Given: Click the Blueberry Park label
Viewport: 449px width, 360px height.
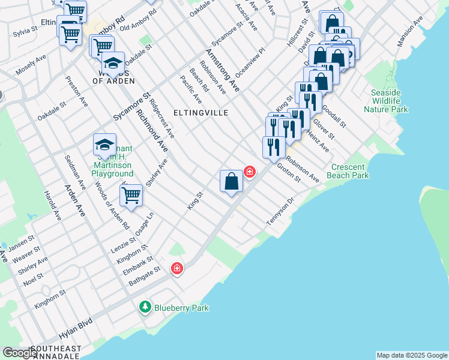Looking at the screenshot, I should (x=181, y=308).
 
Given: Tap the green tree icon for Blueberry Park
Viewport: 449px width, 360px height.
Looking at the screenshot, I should (x=145, y=307).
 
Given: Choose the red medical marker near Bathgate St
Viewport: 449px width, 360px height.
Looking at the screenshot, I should (x=176, y=268).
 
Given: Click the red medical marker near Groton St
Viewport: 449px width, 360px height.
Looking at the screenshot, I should (x=249, y=172).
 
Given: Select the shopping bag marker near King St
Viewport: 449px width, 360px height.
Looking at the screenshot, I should (x=232, y=181).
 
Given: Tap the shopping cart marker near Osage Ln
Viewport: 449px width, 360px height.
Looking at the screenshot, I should (x=131, y=194).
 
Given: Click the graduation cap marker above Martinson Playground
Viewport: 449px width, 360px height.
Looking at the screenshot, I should (x=104, y=145).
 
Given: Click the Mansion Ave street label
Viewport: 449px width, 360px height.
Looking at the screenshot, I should (x=411, y=32).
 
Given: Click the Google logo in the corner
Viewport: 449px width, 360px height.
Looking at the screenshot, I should (x=19, y=353).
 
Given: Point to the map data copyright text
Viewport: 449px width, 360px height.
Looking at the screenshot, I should (x=411, y=355).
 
